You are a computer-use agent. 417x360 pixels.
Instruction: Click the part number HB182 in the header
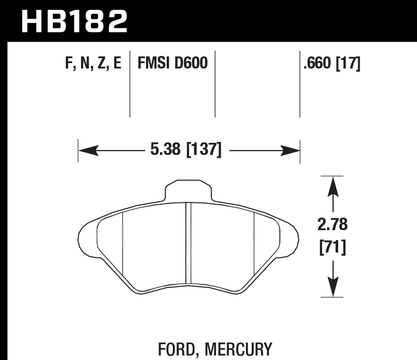[74, 21]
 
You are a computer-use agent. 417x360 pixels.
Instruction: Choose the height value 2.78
[332, 225]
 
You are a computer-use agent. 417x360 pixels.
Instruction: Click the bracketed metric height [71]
[332, 247]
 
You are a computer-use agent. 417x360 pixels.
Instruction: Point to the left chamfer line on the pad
[123, 244]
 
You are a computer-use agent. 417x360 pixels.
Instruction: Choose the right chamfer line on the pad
[254, 244]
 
